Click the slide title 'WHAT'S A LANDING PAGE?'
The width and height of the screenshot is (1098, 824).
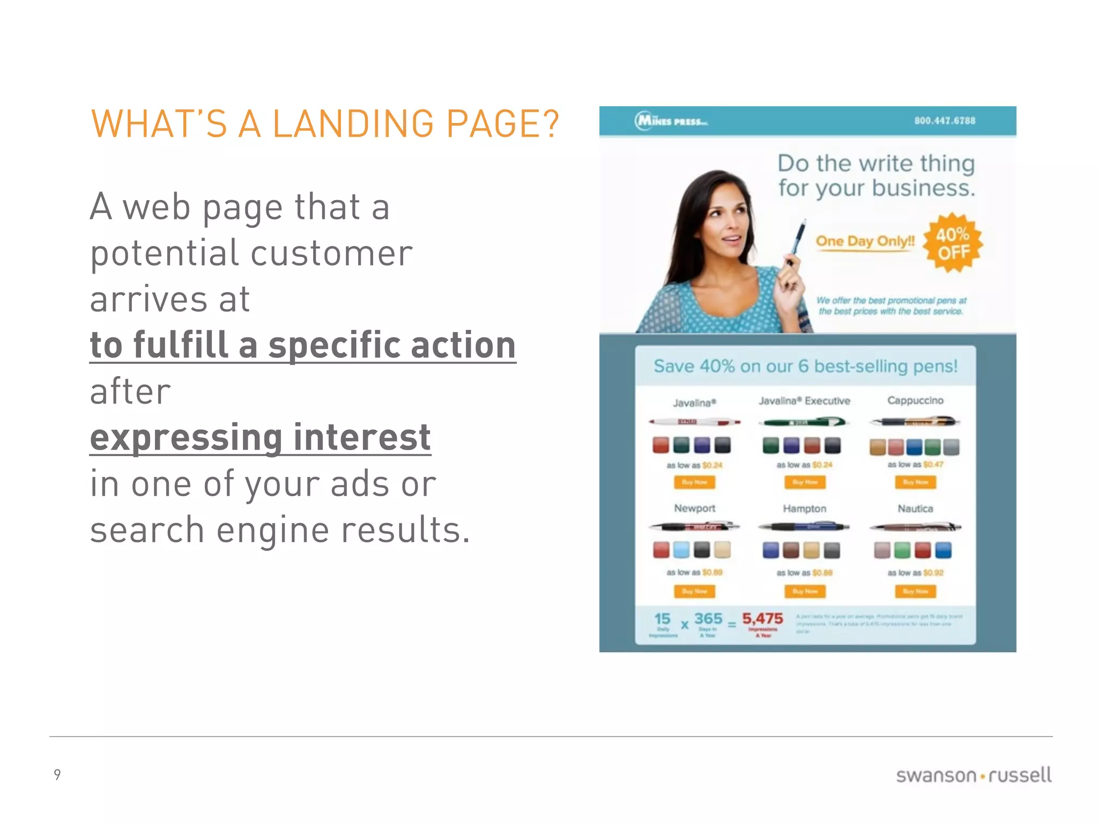click(325, 124)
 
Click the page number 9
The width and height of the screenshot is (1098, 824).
click(57, 774)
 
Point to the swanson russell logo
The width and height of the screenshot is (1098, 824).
click(973, 775)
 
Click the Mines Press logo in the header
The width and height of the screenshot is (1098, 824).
click(671, 121)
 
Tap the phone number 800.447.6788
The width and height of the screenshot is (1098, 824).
click(945, 121)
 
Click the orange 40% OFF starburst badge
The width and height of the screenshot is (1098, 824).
click(953, 243)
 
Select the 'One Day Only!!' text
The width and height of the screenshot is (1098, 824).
click(865, 241)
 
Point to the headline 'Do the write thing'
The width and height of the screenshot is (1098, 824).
click(876, 164)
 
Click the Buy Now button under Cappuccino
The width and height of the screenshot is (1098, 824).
click(915, 482)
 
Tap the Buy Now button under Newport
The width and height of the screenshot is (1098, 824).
click(694, 591)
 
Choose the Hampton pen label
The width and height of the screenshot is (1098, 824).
click(804, 509)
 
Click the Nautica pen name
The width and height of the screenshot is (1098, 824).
click(915, 509)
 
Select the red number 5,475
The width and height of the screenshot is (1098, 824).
click(762, 619)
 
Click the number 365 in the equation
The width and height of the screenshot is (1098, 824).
click(708, 619)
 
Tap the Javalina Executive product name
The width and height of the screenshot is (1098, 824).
click(804, 401)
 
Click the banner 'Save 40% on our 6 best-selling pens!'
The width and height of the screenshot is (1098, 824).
click(805, 366)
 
